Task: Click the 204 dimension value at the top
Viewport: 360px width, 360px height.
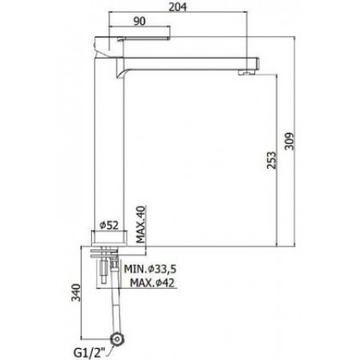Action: pos(178,7)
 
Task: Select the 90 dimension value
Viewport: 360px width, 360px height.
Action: pos(139,22)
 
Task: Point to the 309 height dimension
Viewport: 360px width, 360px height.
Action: pos(289,141)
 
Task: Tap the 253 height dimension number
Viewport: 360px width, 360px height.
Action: pos(272,160)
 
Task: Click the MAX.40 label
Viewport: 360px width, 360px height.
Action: pos(141,224)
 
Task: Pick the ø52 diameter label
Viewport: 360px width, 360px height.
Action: pos(109,226)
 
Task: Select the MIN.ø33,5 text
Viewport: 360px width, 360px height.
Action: pos(150,269)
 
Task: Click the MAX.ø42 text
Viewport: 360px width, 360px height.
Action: pos(152,282)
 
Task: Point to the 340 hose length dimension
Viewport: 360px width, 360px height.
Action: pos(76,293)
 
